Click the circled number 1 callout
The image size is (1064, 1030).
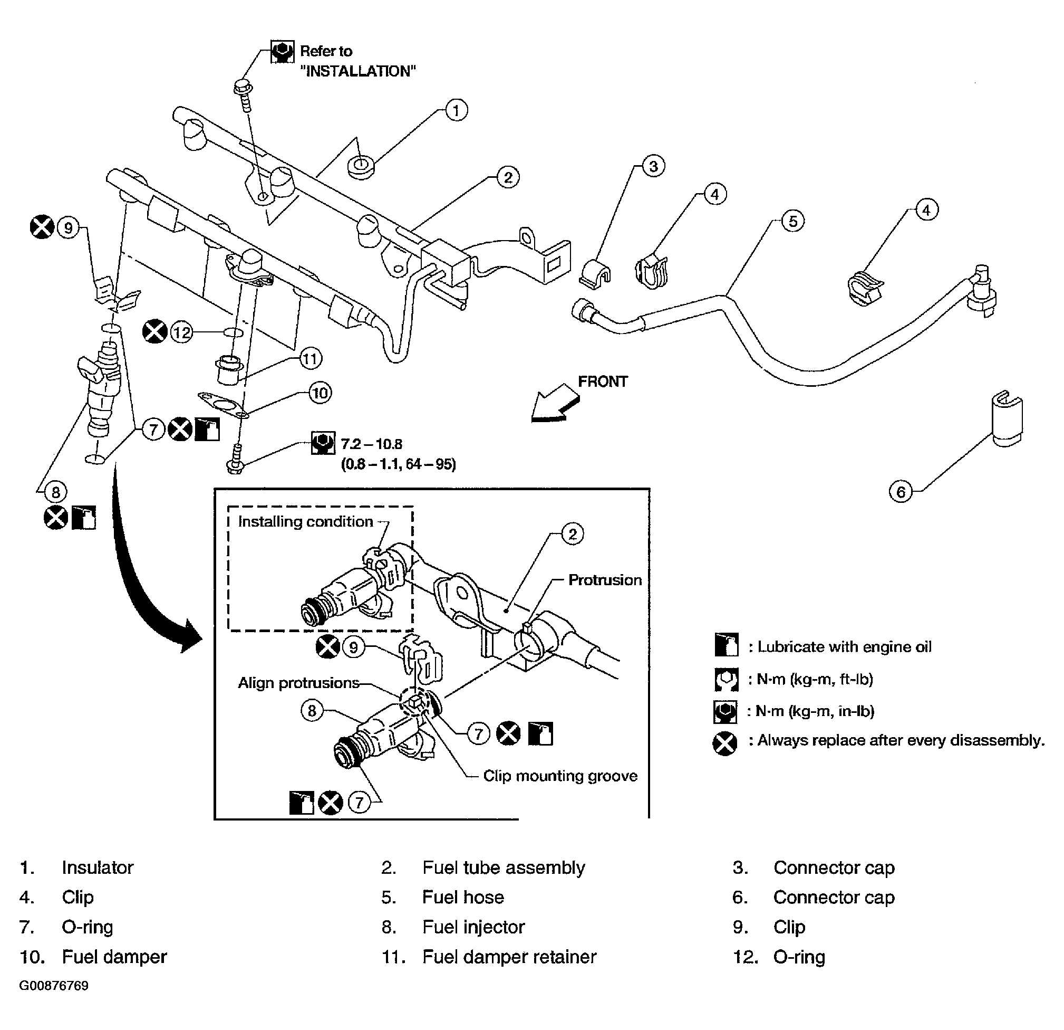456,110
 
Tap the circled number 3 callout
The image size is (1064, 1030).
653,166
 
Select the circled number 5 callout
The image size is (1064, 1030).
793,221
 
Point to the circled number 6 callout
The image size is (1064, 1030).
901,492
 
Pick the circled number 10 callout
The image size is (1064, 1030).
320,393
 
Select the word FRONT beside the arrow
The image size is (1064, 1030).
603,382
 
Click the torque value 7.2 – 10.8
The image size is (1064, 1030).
371,444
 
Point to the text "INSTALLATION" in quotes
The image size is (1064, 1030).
359,71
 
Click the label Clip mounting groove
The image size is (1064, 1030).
560,776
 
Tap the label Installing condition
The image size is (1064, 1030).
306,521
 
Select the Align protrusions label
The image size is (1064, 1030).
298,683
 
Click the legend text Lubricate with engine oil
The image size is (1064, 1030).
844,646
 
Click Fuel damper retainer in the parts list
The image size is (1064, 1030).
509,957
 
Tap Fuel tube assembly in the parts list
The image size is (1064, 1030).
504,867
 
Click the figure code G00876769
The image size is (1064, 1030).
54,986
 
